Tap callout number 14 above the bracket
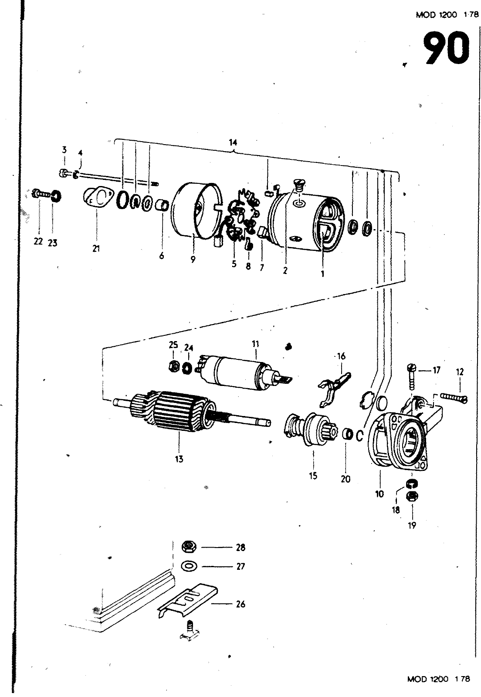(x=233, y=142)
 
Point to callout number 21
(x=96, y=249)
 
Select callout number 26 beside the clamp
(x=240, y=604)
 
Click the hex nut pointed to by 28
(x=189, y=546)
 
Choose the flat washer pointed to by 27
(x=189, y=566)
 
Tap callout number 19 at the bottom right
(x=412, y=525)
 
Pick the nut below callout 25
(x=173, y=366)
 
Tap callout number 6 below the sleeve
(x=162, y=256)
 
